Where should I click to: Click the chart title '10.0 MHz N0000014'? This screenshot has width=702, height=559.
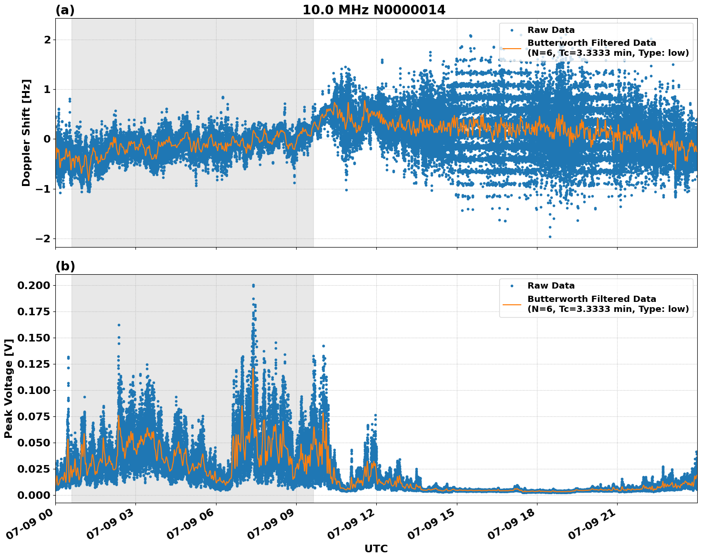point(373,10)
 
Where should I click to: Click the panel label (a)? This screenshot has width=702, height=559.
point(65,10)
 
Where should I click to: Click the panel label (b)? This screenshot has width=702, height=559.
point(65,266)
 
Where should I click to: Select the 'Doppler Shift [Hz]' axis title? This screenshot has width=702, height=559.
point(26,133)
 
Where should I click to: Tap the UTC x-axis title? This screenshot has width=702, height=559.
point(376,549)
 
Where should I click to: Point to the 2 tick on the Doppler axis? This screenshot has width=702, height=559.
point(47,40)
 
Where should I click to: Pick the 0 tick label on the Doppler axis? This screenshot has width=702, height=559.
point(47,139)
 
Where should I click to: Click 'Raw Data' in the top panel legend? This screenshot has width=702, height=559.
point(551,30)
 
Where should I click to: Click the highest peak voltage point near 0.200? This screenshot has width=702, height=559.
point(253,285)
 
